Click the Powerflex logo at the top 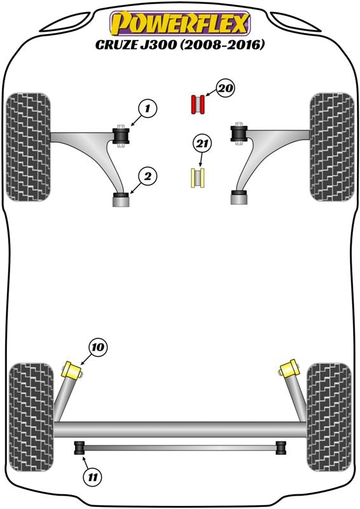click(180, 24)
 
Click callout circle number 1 click(148, 109)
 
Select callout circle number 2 click(148, 177)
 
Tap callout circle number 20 click(226, 88)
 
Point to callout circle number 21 click(202, 144)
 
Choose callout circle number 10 click(98, 347)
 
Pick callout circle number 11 click(92, 478)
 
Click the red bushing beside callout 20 click(197, 104)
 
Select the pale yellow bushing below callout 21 click(197, 178)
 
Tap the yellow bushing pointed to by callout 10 click(72, 370)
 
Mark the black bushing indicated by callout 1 click(121, 136)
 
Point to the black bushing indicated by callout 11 click(80, 448)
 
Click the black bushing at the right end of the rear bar click(281, 448)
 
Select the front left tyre click(29, 147)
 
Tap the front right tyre click(332, 147)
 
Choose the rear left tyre click(31, 417)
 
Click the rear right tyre click(329, 417)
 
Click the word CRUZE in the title click(116, 45)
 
